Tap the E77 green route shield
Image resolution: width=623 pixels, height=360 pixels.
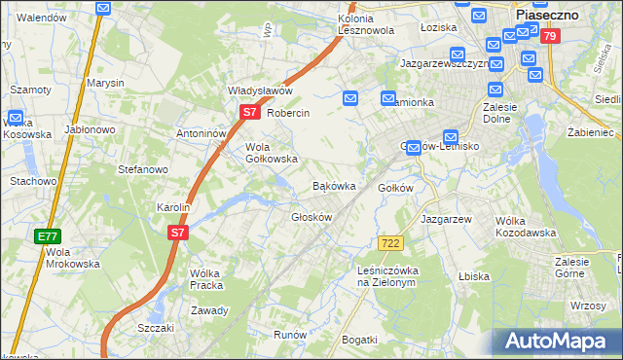47,236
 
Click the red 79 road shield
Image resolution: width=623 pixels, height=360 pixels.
551,37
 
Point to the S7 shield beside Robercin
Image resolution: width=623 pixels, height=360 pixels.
249,112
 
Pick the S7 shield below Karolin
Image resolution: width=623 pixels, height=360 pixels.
176,233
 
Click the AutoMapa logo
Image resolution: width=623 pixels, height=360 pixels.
554,341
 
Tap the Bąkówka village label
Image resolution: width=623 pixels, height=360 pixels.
334,185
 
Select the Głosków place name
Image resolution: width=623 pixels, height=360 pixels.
311,217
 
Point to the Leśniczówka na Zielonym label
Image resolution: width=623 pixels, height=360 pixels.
387,276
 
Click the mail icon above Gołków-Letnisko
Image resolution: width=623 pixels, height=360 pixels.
451,137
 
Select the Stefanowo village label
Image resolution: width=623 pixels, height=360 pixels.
143,169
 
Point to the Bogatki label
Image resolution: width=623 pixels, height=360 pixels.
359,339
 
